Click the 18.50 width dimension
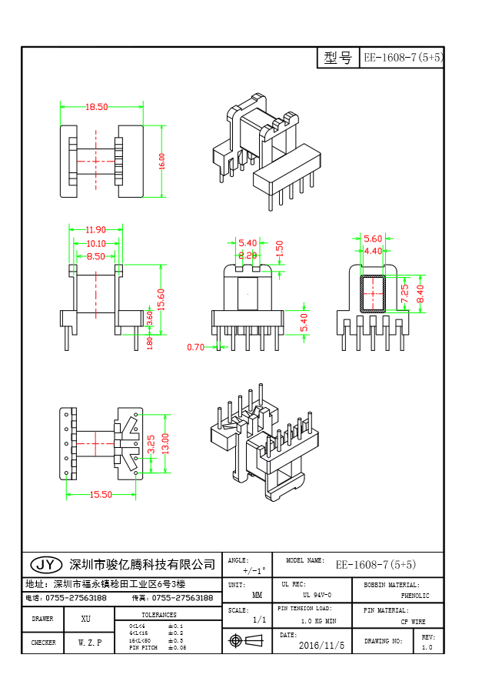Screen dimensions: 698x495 [x=97, y=107]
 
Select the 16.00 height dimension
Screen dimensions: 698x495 [x=162, y=161]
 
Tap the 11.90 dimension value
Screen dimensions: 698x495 [x=95, y=229]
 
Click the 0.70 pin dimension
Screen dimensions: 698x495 [x=196, y=347]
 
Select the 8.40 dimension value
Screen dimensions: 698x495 [x=419, y=292]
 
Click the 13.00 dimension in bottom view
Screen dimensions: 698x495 [x=164, y=443]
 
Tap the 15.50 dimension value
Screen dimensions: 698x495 [x=100, y=495]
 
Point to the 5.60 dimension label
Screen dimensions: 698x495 [x=373, y=239]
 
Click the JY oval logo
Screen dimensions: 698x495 [x=45, y=564]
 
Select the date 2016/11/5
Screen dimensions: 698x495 [x=321, y=645]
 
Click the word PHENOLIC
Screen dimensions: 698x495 [x=415, y=596]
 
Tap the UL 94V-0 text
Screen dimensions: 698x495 [x=317, y=595]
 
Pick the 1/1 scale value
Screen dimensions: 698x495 [x=259, y=620]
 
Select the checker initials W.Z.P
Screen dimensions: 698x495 [x=90, y=642]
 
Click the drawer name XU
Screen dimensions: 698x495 [x=85, y=619]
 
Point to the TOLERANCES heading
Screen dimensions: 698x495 [x=159, y=615]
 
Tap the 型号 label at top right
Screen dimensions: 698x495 [x=338, y=58]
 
